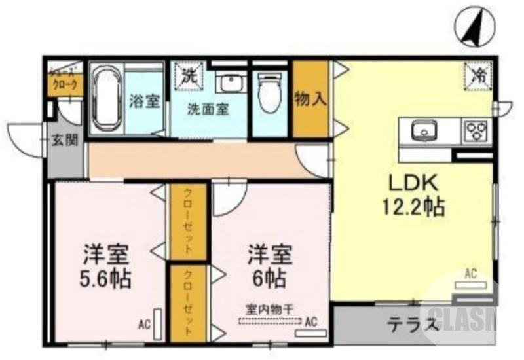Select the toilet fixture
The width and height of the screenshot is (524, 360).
coord(268,96)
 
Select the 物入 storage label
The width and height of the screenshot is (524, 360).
coord(310,99)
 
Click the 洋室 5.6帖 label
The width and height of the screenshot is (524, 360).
coord(106,267)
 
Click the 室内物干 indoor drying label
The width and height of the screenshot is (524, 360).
coord(269,308)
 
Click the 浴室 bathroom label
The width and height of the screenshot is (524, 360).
coord(143,102)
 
